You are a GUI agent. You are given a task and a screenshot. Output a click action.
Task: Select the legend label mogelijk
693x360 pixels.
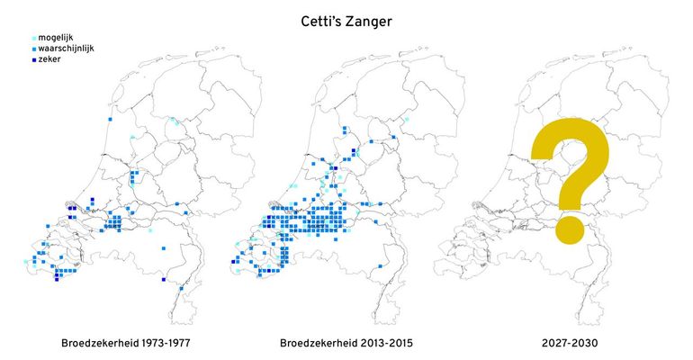point(56,36)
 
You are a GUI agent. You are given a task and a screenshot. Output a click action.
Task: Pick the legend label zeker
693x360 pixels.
point(50,58)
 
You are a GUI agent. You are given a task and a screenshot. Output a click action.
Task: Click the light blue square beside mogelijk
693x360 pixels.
point(33,37)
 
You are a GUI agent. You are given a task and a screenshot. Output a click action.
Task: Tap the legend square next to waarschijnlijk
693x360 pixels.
point(33,48)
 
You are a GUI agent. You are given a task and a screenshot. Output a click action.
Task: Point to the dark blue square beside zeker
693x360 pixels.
point(33,58)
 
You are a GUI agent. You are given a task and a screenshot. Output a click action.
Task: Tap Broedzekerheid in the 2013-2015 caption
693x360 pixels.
point(321,343)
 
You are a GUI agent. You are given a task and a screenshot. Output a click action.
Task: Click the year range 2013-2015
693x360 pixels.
point(391,343)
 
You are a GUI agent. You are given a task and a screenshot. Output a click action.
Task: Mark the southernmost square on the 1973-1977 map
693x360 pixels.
point(182,289)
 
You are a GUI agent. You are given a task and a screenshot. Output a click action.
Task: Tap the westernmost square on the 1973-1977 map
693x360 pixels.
point(26,262)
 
